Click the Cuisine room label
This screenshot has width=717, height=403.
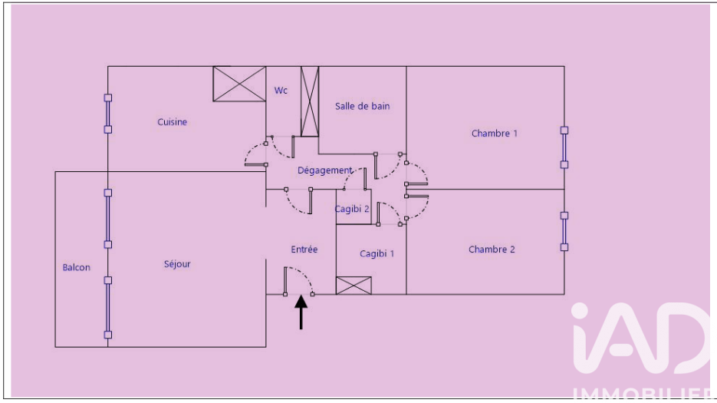173,122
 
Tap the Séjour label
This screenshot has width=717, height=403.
177,264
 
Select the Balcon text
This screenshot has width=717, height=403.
76,268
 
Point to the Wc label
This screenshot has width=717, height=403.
281,91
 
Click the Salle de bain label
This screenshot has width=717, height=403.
362,107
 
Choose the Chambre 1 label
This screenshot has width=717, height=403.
494,134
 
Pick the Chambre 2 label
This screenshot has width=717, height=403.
492,249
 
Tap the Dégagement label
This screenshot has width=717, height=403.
325,170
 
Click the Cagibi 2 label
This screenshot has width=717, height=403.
353,209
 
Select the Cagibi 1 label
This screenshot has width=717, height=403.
377,254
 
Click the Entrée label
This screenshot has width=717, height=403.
304,249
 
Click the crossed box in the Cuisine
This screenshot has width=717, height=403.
238,83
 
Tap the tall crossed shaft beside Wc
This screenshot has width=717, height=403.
309,101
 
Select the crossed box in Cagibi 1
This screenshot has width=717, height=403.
354,286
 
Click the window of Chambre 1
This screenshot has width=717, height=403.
564,147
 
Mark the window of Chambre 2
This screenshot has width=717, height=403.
564,231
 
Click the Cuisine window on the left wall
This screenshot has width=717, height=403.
108,114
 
